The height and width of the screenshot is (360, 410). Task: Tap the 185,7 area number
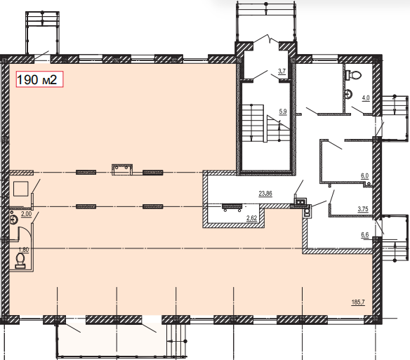(358, 302)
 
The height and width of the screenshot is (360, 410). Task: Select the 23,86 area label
(265, 194)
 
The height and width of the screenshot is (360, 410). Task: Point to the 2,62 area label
(251, 218)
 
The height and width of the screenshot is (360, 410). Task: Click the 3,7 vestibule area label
(282, 71)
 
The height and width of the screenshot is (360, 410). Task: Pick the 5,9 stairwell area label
(283, 112)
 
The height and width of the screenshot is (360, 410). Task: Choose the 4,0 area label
(366, 98)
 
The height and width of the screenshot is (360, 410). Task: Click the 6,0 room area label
(364, 176)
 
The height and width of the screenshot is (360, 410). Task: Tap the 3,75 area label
(363, 209)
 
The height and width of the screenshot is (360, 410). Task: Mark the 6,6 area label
(365, 235)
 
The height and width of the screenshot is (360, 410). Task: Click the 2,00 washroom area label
(26, 214)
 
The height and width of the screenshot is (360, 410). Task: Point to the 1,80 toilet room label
(24, 249)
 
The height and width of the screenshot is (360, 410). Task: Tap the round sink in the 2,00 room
(13, 220)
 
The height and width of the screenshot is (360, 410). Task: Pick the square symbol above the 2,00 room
(20, 189)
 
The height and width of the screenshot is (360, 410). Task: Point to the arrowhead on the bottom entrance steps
(170, 341)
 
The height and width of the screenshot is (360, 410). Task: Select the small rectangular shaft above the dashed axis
(122, 169)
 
